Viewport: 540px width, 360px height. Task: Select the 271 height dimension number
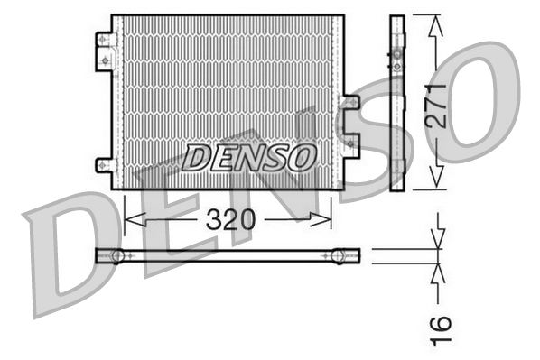437,106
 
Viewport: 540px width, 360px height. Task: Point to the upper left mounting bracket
105,51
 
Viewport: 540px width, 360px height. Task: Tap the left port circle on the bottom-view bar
116,255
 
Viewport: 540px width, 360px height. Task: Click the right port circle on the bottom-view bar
339,255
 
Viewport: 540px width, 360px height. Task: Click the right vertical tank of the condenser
338,101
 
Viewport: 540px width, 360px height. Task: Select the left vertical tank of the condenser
116,101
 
